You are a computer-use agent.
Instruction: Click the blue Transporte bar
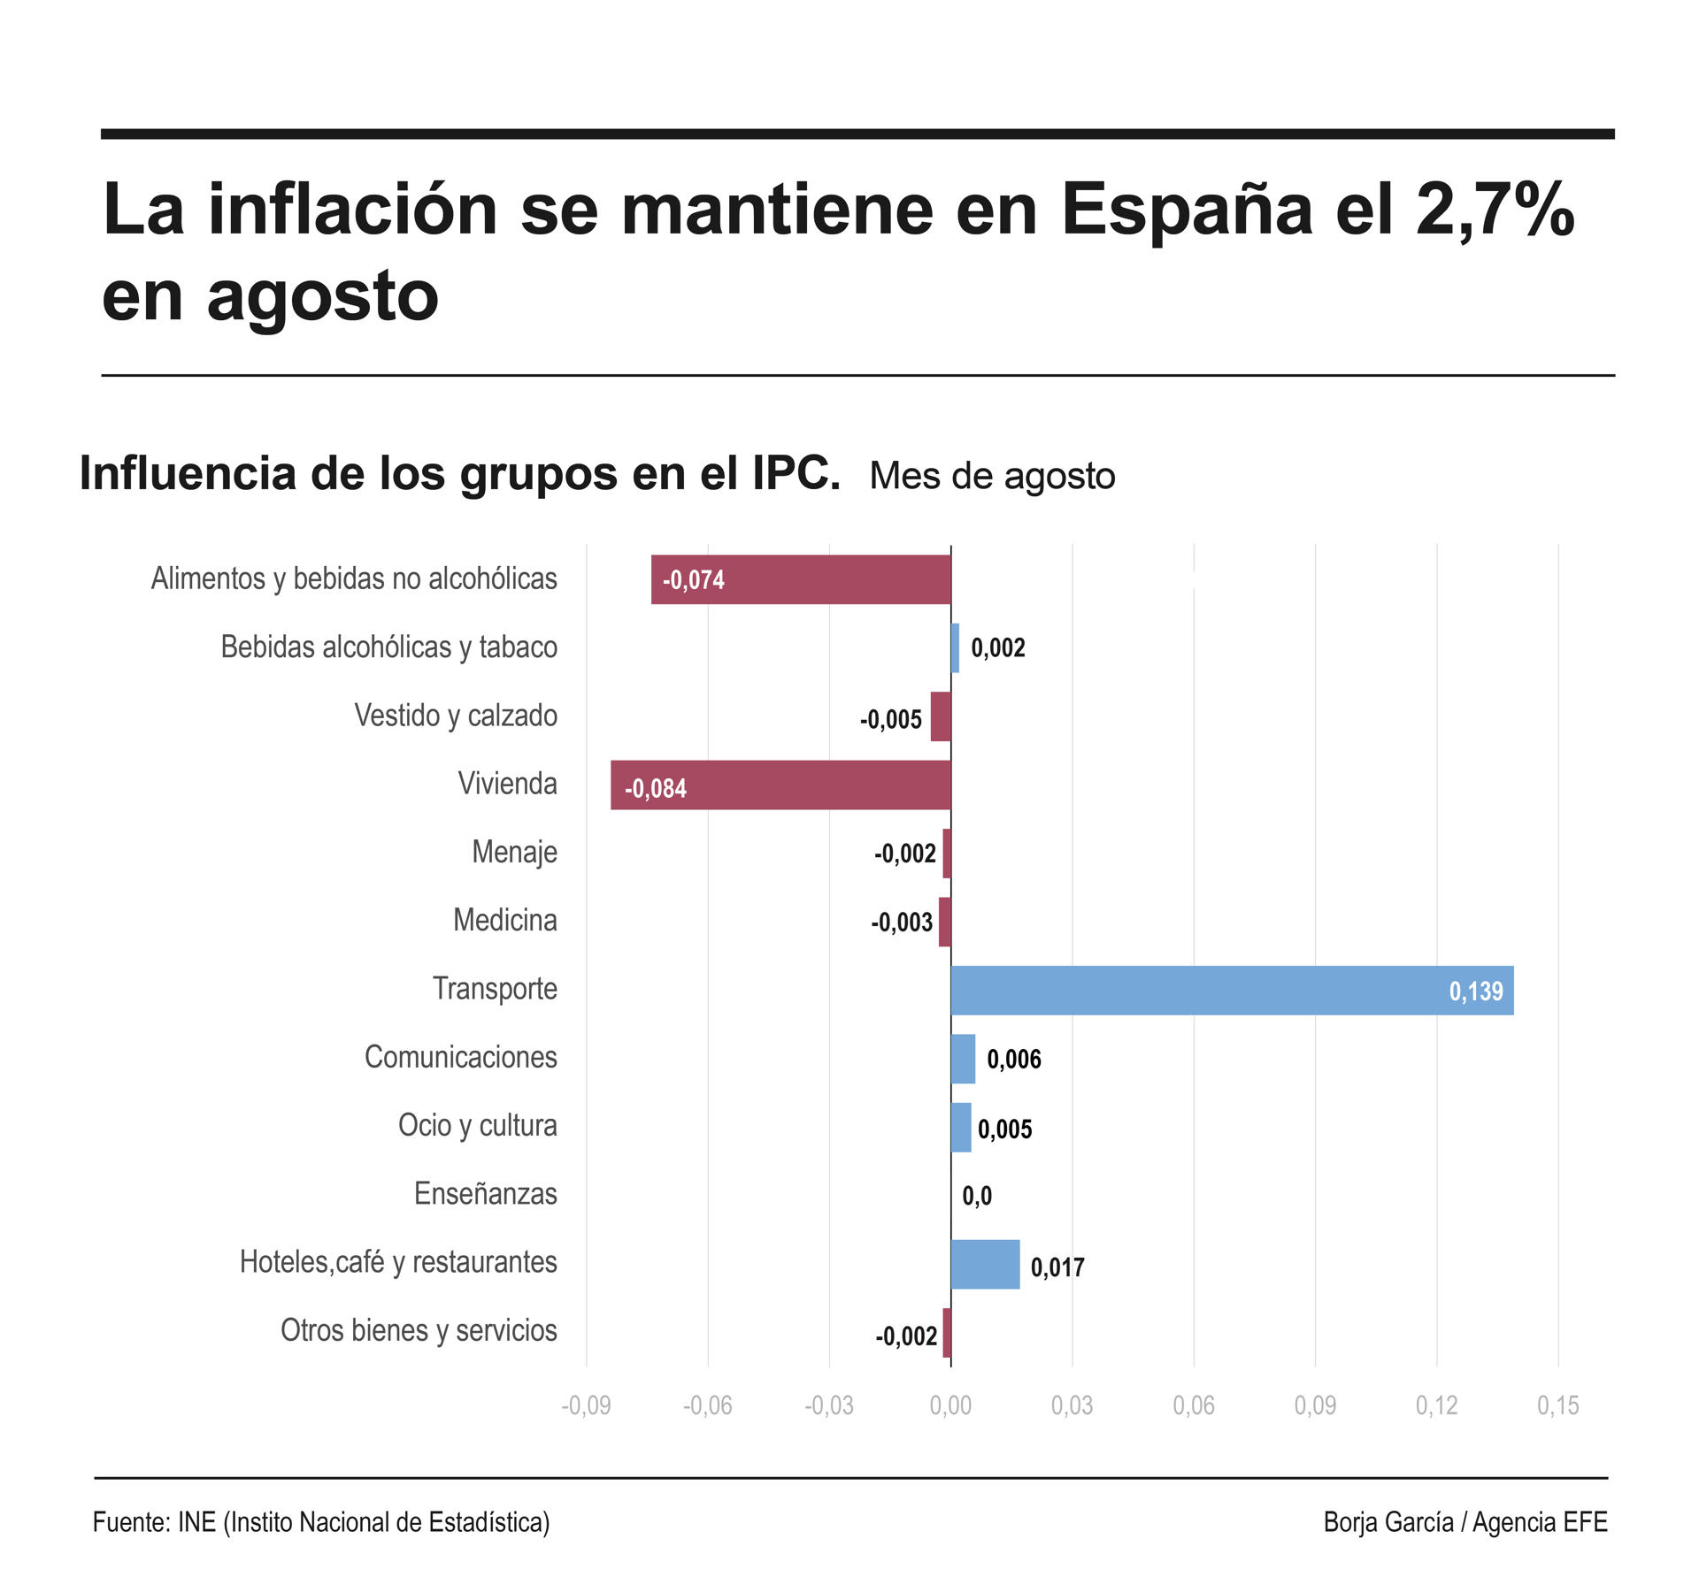(x=1232, y=991)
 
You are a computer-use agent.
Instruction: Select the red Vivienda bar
(x=780, y=785)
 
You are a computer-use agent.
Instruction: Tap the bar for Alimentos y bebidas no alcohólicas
(x=801, y=580)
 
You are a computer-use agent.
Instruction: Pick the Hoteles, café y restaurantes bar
(x=985, y=1265)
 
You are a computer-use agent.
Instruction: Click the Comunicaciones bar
(x=963, y=1059)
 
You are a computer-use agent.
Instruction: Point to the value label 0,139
(x=1475, y=991)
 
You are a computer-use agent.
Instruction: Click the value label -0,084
(x=656, y=788)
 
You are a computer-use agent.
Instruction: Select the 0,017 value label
(x=1057, y=1267)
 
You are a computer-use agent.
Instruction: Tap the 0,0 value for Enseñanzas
(x=977, y=1197)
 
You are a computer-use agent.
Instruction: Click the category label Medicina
(x=505, y=920)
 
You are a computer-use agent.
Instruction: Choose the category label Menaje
(x=514, y=852)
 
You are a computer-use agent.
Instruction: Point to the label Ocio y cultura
(x=478, y=1125)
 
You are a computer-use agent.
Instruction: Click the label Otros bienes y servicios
(x=419, y=1330)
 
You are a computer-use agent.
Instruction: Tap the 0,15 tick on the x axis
(x=1557, y=1405)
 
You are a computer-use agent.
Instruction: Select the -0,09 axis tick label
(x=586, y=1405)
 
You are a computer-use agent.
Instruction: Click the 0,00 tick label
(x=950, y=1405)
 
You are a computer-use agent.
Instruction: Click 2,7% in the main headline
(x=1495, y=210)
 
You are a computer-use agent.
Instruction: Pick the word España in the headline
(x=1186, y=210)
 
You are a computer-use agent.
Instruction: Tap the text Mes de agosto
(x=992, y=476)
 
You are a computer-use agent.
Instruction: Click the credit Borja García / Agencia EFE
(x=1465, y=1522)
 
